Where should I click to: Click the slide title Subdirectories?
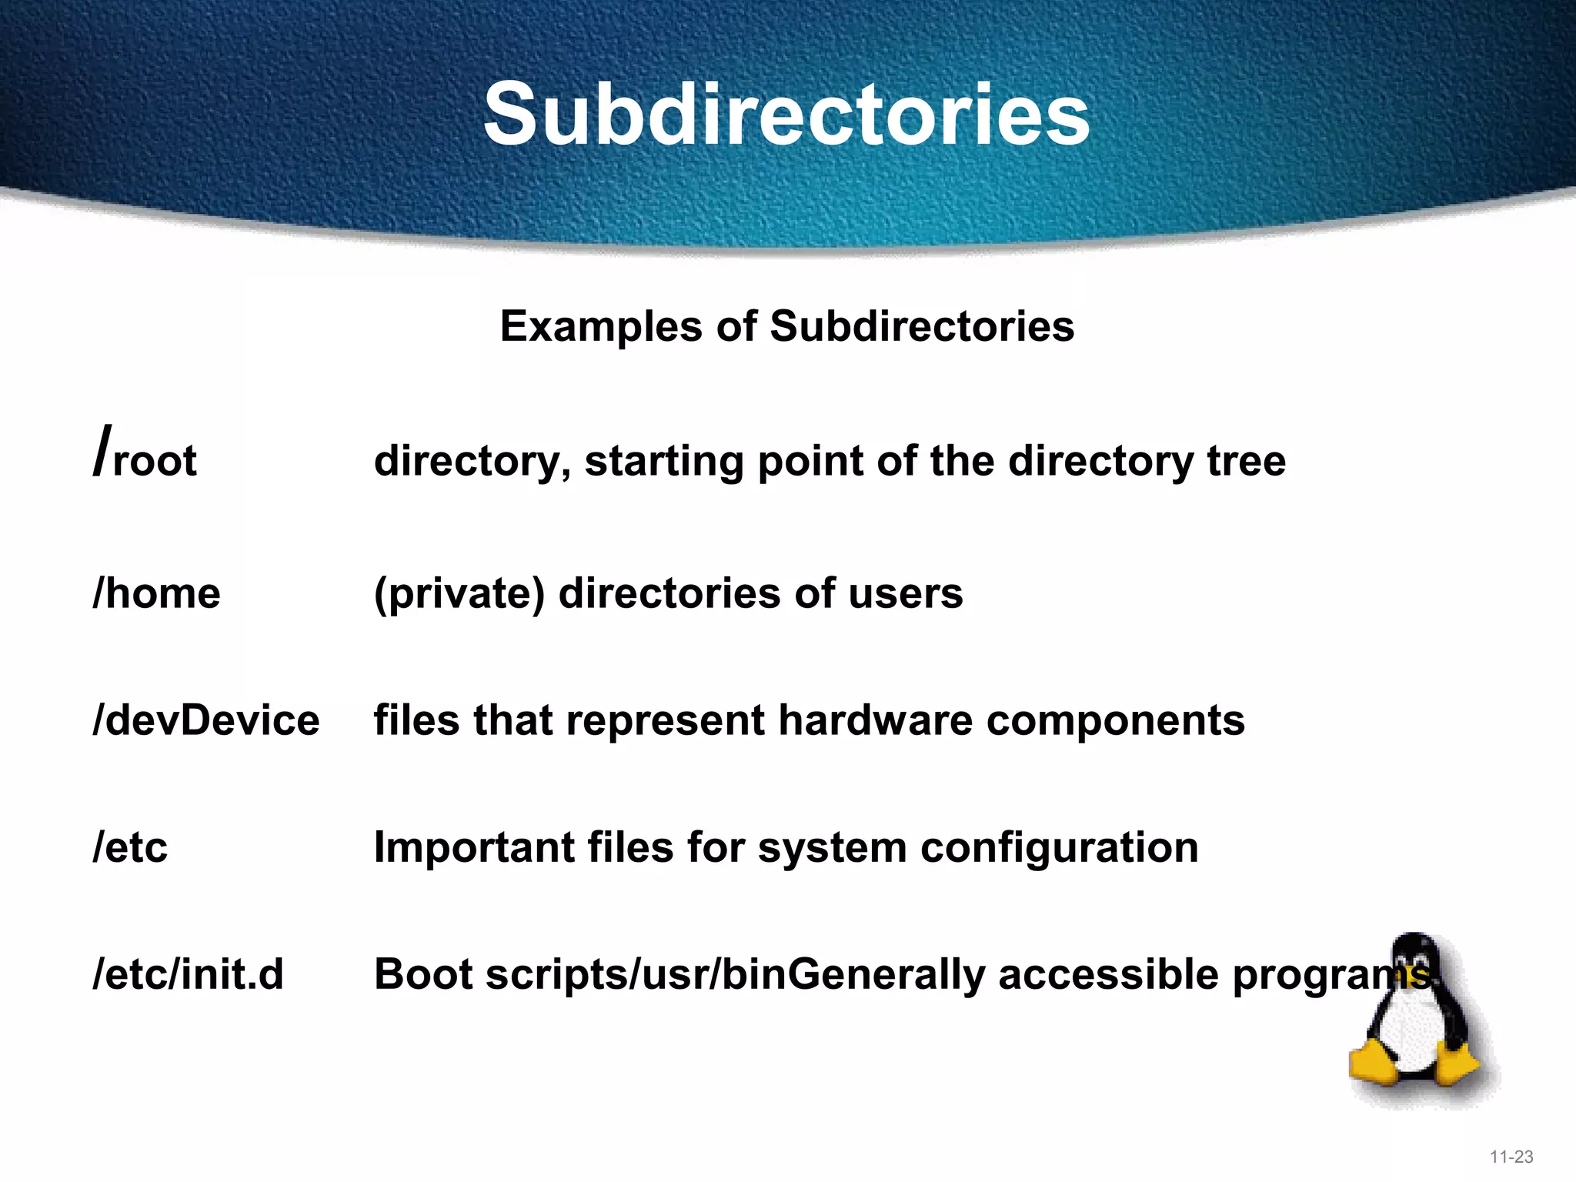pos(786,115)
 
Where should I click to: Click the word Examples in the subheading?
pos(601,326)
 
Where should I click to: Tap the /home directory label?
pos(156,593)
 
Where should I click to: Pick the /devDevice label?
pos(205,720)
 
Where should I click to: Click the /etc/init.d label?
pos(188,974)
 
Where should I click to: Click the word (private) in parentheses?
pos(459,594)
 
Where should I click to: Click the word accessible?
pos(1108,974)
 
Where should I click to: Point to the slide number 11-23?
pos(1511,1157)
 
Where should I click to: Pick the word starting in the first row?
pos(663,462)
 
